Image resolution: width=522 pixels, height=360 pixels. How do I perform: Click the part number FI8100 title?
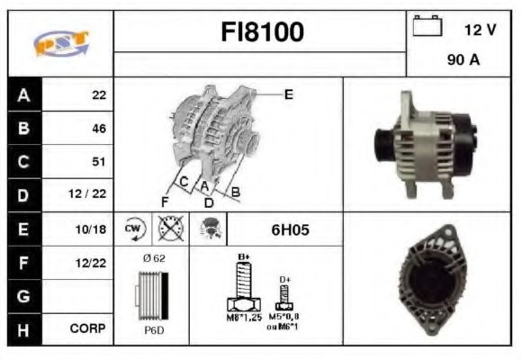coord(262,32)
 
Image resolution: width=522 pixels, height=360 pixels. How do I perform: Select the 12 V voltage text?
coord(480,30)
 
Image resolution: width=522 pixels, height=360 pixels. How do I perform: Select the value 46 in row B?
coord(99,129)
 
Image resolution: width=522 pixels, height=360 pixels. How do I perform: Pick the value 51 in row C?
coord(99,162)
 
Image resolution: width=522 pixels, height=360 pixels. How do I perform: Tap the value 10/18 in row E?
coord(93,229)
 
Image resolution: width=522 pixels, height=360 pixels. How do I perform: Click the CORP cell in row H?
coord(90,329)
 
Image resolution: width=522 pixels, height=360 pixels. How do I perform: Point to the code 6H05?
coord(290,229)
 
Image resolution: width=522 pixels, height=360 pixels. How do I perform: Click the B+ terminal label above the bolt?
coord(242,256)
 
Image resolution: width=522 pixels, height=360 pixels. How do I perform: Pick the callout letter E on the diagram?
coord(288,94)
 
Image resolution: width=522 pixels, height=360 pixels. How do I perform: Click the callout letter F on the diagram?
coord(165,201)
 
